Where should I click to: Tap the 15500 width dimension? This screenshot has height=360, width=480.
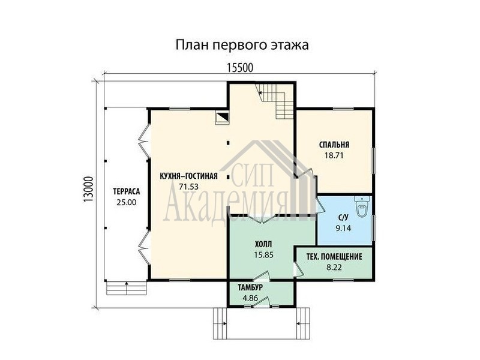pyautogui.click(x=240, y=68)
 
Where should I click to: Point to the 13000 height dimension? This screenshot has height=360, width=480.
pyautogui.click(x=88, y=189)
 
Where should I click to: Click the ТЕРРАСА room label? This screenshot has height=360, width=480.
pyautogui.click(x=127, y=191)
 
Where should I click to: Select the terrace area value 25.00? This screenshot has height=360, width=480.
pyautogui.click(x=127, y=202)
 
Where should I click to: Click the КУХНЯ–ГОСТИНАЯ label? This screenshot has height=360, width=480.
pyautogui.click(x=188, y=176)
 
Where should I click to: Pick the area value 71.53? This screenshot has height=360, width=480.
pyautogui.click(x=188, y=187)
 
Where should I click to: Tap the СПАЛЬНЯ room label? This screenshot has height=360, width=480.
pyautogui.click(x=334, y=145)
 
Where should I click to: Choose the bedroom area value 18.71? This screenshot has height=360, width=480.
pyautogui.click(x=334, y=155)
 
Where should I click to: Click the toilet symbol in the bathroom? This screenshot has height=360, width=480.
pyautogui.click(x=362, y=206)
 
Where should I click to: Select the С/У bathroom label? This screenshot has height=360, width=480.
pyautogui.click(x=343, y=218)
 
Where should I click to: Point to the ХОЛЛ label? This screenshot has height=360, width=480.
pyautogui.click(x=263, y=244)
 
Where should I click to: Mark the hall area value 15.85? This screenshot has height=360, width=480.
pyautogui.click(x=263, y=254)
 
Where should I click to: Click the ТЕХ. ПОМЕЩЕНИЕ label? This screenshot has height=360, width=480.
pyautogui.click(x=334, y=257)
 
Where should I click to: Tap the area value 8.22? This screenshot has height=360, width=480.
pyautogui.click(x=334, y=267)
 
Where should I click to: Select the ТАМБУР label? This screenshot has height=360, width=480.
pyautogui.click(x=250, y=287)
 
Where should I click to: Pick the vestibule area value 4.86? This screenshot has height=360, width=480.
pyautogui.click(x=250, y=298)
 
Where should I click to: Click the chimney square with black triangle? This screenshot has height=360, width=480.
pyautogui.click(x=223, y=118)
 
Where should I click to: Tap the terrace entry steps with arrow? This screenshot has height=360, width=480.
pyautogui.click(x=127, y=288)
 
